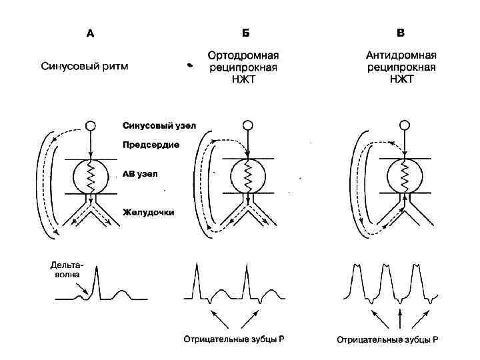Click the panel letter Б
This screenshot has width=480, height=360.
(x=245, y=33)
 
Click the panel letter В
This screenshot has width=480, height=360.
(x=400, y=33)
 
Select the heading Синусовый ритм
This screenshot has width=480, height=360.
(x=85, y=67)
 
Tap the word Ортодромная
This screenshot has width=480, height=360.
(x=243, y=56)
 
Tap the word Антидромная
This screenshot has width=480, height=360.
(x=401, y=56)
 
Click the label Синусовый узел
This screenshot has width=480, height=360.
(x=159, y=125)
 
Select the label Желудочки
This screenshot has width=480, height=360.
(x=148, y=213)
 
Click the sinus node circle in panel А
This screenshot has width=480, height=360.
(x=91, y=125)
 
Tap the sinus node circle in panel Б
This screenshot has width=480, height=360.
(x=247, y=125)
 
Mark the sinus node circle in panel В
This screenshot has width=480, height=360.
(x=403, y=125)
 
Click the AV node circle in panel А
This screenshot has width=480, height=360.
(x=91, y=176)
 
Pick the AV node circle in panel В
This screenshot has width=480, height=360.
(x=403, y=176)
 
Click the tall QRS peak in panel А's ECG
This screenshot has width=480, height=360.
(x=97, y=270)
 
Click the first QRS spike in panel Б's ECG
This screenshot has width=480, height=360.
(x=197, y=268)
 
